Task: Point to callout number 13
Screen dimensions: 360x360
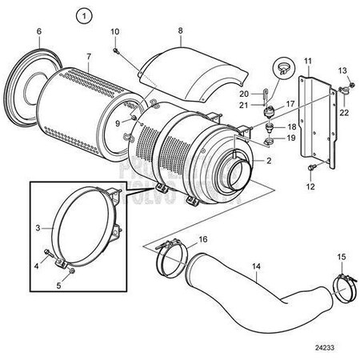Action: coord(342,70)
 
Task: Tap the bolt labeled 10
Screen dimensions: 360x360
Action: coord(118,50)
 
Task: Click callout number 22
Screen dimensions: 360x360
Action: coord(343,112)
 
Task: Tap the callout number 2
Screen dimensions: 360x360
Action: coord(269,160)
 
